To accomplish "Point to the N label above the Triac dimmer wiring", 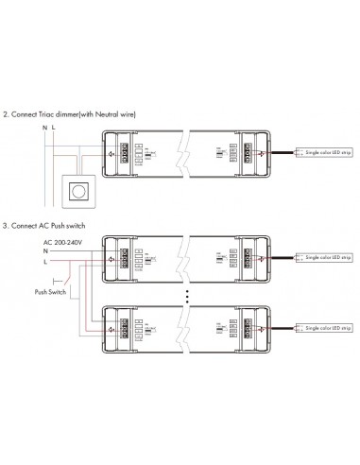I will click(x=43, y=126).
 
